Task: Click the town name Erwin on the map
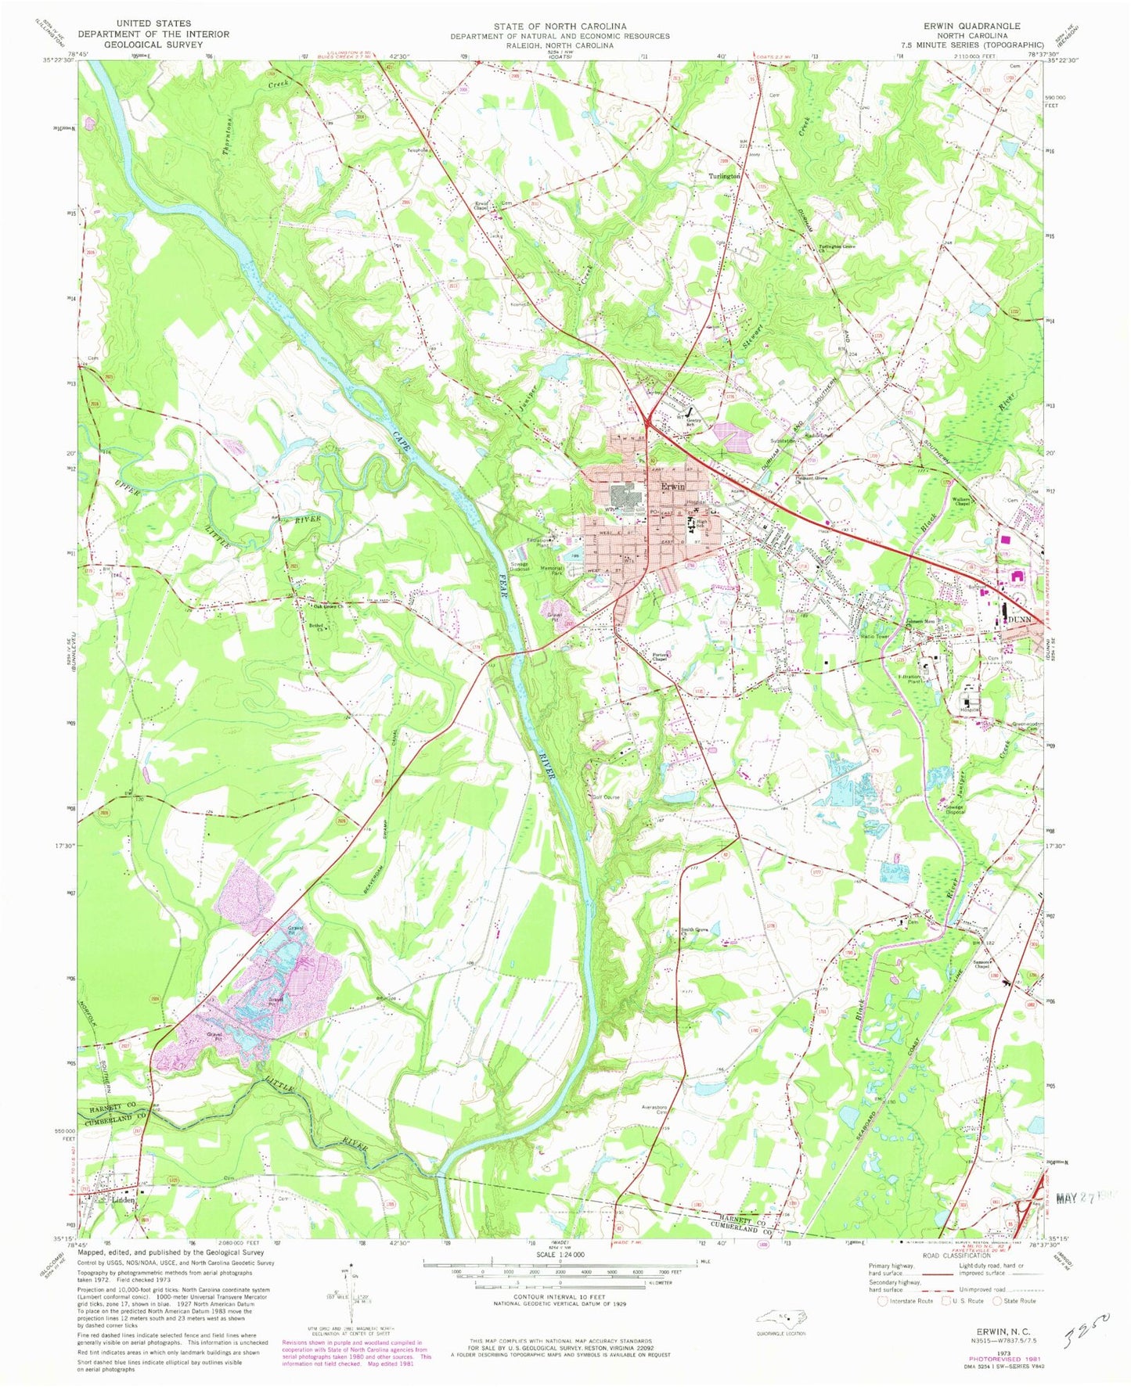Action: [673, 487]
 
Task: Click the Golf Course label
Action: [607, 797]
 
